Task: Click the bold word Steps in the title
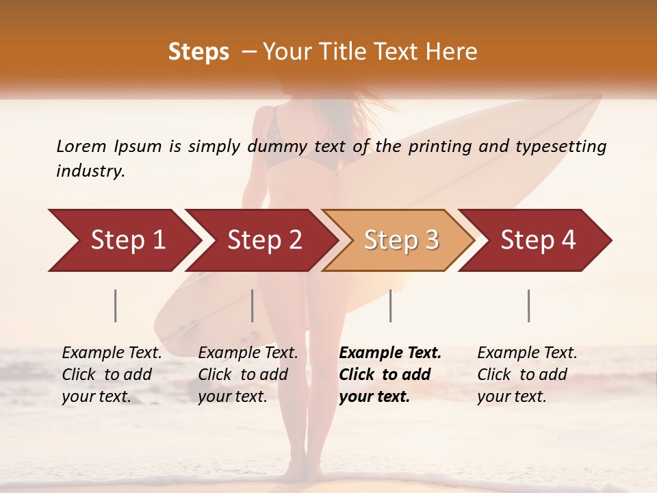198,52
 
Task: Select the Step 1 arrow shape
123,240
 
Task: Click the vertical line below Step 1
116,305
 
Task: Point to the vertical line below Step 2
253,305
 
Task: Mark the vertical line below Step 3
391,305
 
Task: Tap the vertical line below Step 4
529,305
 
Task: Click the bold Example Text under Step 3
390,375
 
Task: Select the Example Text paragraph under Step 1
112,375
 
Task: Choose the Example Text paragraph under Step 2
248,375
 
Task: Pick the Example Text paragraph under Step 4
527,375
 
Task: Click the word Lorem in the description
81,147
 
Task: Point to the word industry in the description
90,171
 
